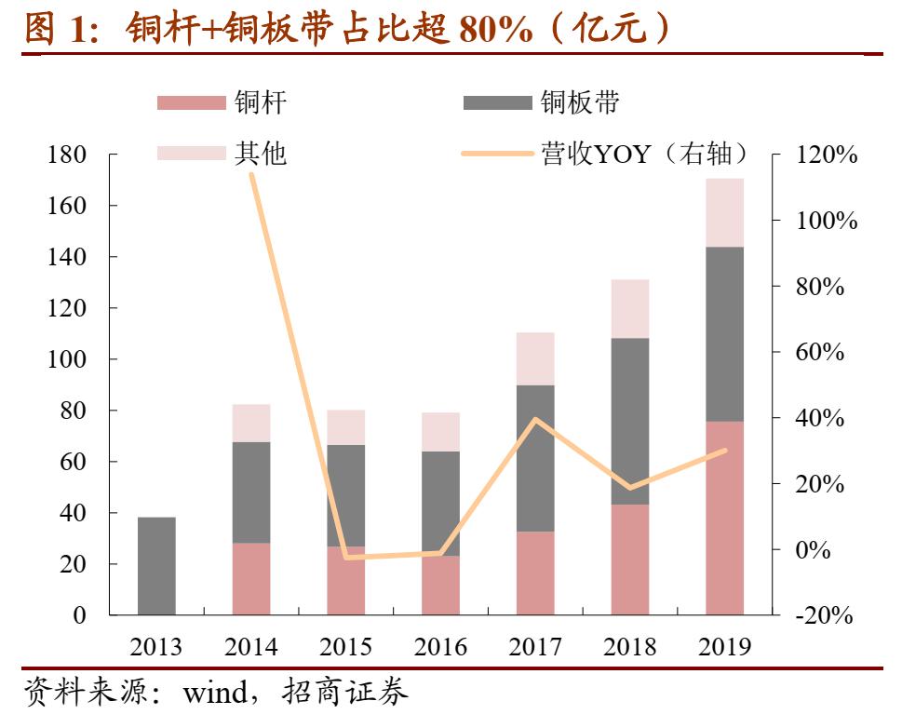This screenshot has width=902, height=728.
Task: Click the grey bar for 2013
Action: [x=156, y=566]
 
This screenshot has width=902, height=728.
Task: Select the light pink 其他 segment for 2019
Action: [x=724, y=212]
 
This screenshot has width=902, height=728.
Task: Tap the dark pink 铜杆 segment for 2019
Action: [x=724, y=518]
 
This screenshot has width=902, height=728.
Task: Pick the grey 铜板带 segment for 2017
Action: [x=535, y=458]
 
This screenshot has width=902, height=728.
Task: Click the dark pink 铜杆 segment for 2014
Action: [x=251, y=578]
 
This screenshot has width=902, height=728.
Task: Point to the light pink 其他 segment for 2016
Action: [x=440, y=432]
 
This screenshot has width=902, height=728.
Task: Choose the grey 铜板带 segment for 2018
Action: [x=629, y=421]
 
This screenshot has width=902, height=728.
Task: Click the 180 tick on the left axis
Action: [x=66, y=155]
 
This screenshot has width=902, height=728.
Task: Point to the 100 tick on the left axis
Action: [x=66, y=359]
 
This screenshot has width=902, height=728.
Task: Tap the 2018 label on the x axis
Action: [x=629, y=647]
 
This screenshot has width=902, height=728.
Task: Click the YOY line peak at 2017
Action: [x=535, y=420]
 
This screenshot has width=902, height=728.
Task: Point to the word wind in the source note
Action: [x=219, y=694]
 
